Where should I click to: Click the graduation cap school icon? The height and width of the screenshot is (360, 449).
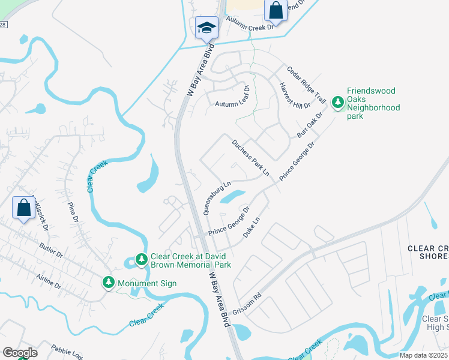click(x=206, y=27)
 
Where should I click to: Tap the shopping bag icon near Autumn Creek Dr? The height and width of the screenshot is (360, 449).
click(x=276, y=10)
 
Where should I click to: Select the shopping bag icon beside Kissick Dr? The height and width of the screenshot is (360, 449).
click(x=23, y=208)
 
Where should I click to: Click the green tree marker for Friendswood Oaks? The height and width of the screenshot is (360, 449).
click(x=337, y=103)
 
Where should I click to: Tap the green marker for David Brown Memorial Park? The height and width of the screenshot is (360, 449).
click(x=141, y=259)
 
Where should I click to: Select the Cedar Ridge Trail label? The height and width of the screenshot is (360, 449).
click(x=306, y=84)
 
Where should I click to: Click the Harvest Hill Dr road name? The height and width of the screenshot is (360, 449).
click(x=295, y=96)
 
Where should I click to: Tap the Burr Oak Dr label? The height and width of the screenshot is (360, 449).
click(x=310, y=123)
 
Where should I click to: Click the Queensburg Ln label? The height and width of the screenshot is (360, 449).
click(x=217, y=198)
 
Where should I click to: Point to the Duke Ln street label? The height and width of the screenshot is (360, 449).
click(x=252, y=229)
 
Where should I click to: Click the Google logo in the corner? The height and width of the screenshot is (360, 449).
click(x=20, y=353)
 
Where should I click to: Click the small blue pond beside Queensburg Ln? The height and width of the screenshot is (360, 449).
click(x=232, y=196)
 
